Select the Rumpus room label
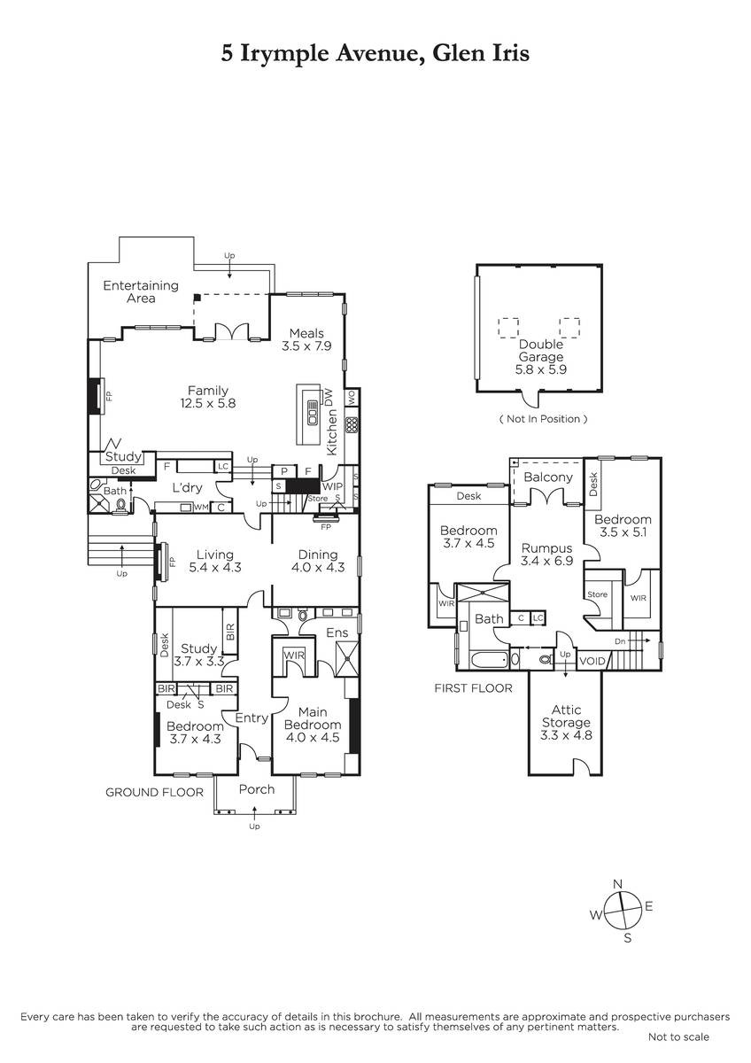(546, 555)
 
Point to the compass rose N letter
(617, 884)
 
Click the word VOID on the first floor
(592, 661)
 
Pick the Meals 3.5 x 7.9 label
(306, 339)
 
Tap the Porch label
(257, 789)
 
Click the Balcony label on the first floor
(548, 477)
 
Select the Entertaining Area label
(141, 291)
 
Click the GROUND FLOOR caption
(154, 792)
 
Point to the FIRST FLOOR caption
(474, 688)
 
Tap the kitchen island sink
(313, 413)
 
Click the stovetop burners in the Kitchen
(352, 424)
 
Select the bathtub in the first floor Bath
(489, 660)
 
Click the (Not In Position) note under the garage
(543, 419)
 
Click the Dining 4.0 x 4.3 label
(318, 561)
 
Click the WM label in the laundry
(201, 508)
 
